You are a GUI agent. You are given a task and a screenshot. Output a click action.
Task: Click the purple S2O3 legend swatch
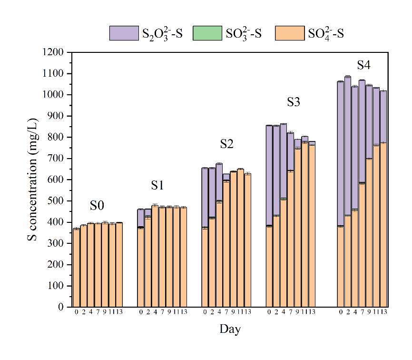tap(124, 33)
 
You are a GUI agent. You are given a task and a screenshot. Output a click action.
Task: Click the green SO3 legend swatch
tap(207, 33)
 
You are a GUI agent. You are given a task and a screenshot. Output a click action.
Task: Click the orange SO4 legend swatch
tap(289, 33)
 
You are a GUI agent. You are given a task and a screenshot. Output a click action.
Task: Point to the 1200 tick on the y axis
tap(54, 52)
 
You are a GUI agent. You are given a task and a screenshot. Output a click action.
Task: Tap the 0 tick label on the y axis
tap(60, 307)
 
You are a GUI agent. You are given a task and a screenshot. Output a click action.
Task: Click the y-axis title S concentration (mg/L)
tap(33, 180)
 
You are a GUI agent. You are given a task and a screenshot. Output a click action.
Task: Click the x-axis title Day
tap(230, 329)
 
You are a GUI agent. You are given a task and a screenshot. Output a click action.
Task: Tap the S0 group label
tap(97, 206)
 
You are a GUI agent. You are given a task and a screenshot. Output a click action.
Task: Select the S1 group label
tap(157, 186)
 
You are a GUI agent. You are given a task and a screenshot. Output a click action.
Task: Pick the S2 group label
tap(226, 144)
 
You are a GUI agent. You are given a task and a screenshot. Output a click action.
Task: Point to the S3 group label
tap(294, 102)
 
